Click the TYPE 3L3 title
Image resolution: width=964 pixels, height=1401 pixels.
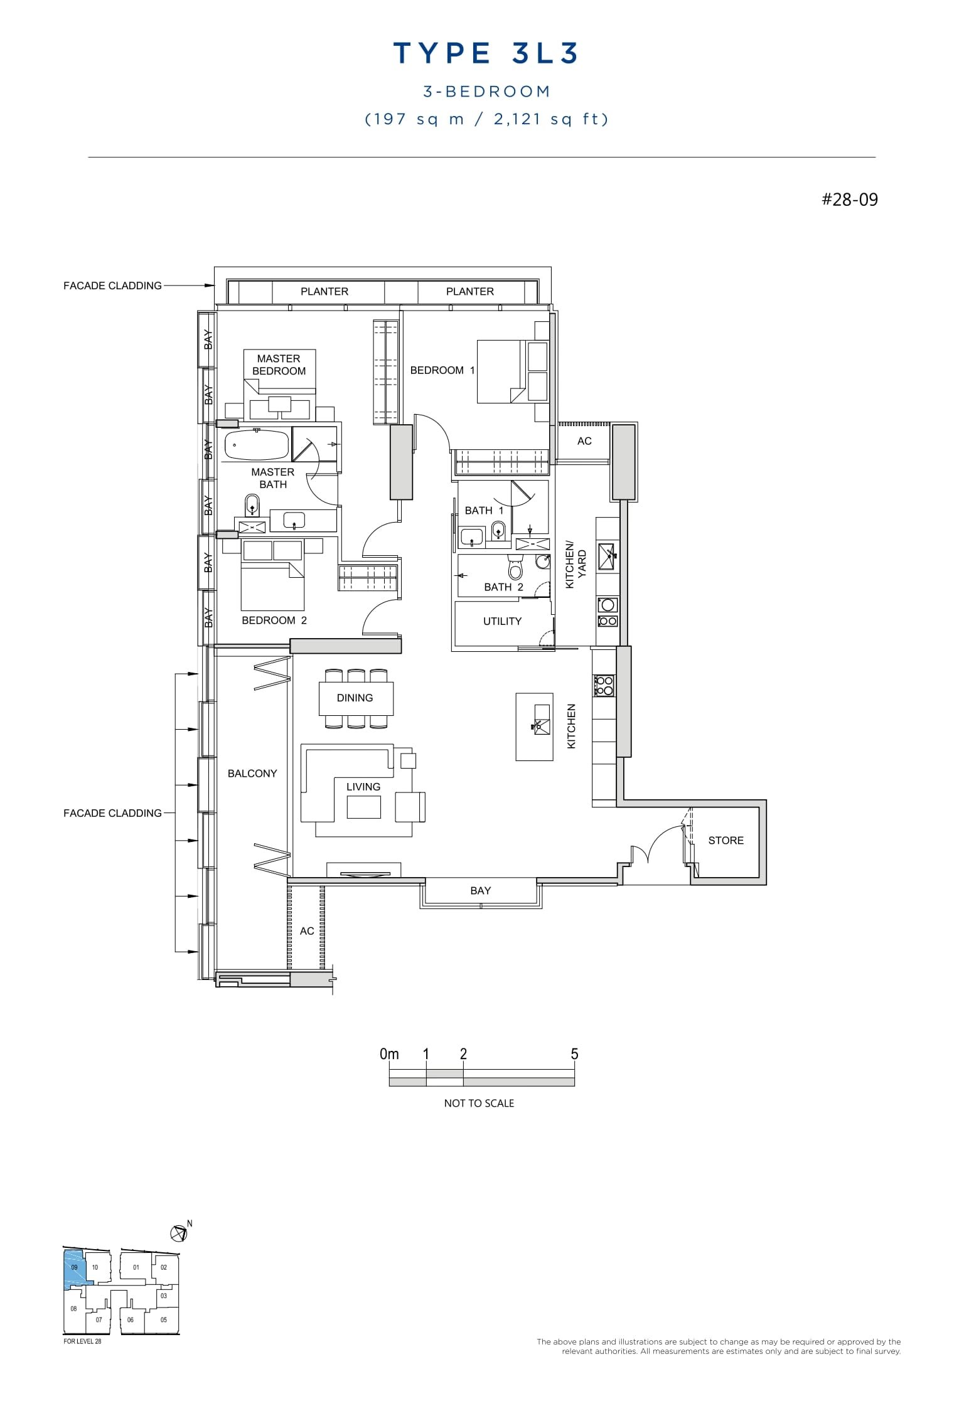[x=485, y=53]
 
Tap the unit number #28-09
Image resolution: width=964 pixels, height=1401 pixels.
[x=850, y=200]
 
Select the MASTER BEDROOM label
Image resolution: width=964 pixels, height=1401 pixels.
[x=279, y=365]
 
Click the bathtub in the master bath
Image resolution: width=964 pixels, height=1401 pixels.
[x=257, y=445]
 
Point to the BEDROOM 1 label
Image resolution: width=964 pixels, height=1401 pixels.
[x=442, y=370]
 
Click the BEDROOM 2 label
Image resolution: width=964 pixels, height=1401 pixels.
[x=274, y=620]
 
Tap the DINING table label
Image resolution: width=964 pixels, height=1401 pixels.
[x=355, y=698]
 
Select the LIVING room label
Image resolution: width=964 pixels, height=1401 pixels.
[x=363, y=786]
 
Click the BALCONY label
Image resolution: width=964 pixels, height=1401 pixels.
[x=252, y=773]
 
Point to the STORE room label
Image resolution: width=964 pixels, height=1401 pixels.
[x=726, y=840]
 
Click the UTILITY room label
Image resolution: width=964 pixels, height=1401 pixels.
[x=502, y=621]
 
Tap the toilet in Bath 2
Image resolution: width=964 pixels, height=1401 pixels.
[x=515, y=568]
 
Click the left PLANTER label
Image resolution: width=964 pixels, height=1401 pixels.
[x=324, y=291]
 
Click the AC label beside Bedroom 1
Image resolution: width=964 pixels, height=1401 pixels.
[x=584, y=441]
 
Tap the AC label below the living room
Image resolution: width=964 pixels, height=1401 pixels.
[x=307, y=930]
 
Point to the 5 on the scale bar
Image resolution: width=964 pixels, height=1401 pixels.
[x=574, y=1054]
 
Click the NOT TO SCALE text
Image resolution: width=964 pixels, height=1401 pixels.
[x=479, y=1103]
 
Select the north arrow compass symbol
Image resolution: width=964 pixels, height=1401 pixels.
[x=179, y=1233]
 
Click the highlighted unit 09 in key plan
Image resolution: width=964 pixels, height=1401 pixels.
[x=74, y=1267]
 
